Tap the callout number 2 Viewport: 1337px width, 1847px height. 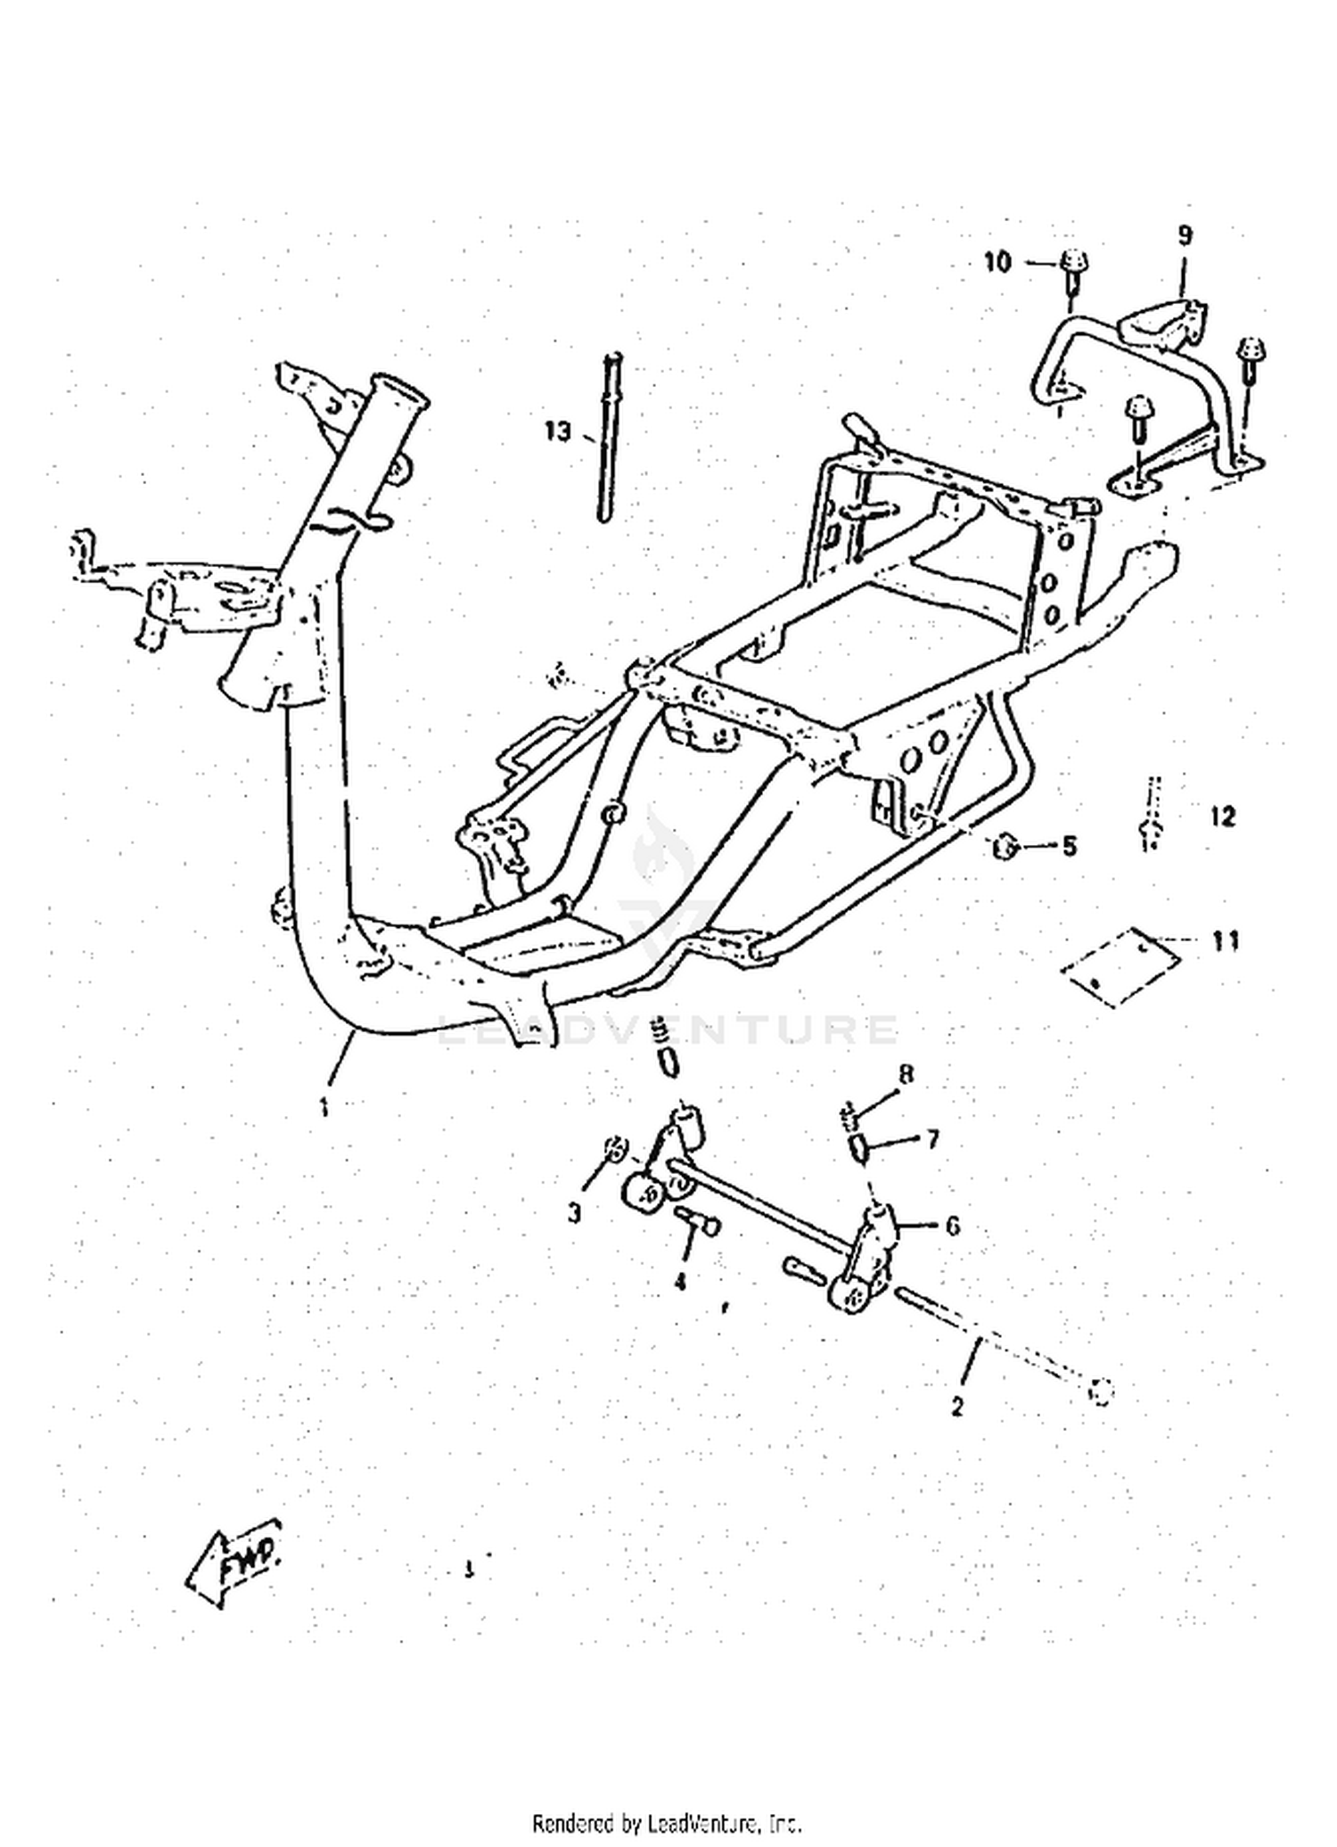(x=957, y=1408)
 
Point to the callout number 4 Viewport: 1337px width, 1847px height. (x=679, y=1282)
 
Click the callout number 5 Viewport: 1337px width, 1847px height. (x=1069, y=845)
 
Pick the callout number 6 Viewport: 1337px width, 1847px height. (x=953, y=1226)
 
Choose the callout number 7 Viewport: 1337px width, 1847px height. (x=932, y=1138)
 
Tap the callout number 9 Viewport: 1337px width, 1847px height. (x=1185, y=235)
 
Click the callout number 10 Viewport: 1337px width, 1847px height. (x=998, y=262)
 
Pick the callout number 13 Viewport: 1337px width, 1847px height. (x=557, y=431)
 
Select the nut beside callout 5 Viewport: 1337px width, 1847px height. (x=1005, y=844)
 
